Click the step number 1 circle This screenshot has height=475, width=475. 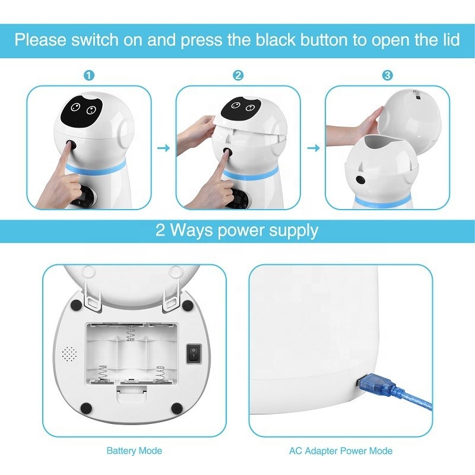[x=88, y=75]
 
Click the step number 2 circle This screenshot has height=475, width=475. [x=238, y=75]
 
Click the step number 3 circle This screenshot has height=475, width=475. [x=387, y=75]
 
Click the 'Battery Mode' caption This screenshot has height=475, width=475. [x=134, y=451]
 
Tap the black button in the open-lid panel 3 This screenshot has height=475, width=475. [x=359, y=180]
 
